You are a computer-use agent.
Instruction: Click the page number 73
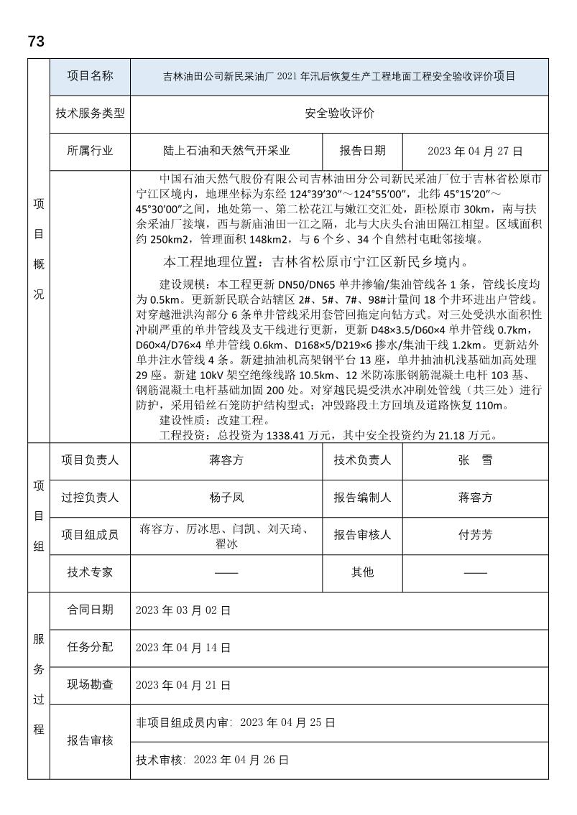(36, 42)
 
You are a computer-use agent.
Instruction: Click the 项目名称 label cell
(90, 76)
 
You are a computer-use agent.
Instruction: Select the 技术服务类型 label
(90, 113)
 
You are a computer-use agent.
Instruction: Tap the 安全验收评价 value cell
(339, 113)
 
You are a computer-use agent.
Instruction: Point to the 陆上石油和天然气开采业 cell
(226, 151)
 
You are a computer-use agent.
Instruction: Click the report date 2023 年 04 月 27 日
(475, 151)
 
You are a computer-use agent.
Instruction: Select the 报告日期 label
(362, 151)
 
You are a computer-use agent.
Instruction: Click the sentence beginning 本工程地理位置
(316, 260)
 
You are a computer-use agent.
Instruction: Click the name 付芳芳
(475, 534)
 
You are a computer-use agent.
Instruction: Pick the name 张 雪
(475, 460)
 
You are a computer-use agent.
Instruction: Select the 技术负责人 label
(362, 460)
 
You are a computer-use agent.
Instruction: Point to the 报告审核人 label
(362, 534)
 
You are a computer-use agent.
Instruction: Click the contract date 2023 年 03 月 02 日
(183, 610)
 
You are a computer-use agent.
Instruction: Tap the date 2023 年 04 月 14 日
(183, 648)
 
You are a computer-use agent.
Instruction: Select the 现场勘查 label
(90, 684)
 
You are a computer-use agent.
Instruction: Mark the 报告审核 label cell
(90, 740)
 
